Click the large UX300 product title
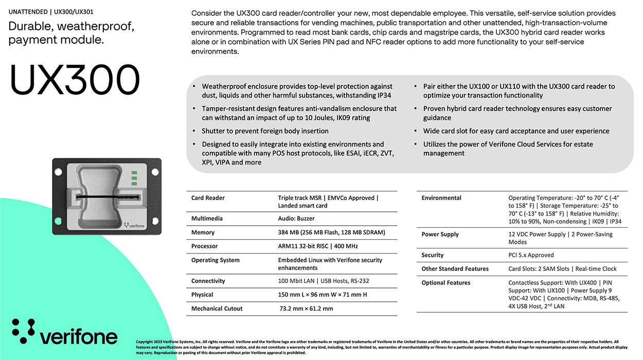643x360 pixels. (75, 80)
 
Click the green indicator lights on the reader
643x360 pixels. (134, 177)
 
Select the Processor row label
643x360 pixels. (204, 246)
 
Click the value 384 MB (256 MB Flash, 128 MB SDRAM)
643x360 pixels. (331, 232)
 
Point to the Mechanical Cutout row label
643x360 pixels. (217, 309)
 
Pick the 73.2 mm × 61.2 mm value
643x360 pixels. (306, 309)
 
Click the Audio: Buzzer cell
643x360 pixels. (296, 219)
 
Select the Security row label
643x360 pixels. (432, 255)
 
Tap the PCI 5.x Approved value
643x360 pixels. (531, 255)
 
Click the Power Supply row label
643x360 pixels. (440, 235)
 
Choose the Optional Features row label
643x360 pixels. (445, 283)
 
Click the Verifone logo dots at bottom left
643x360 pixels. (23, 331)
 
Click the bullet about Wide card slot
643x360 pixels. (516, 131)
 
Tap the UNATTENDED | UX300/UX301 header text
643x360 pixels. (50, 11)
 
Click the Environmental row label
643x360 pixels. (441, 198)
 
